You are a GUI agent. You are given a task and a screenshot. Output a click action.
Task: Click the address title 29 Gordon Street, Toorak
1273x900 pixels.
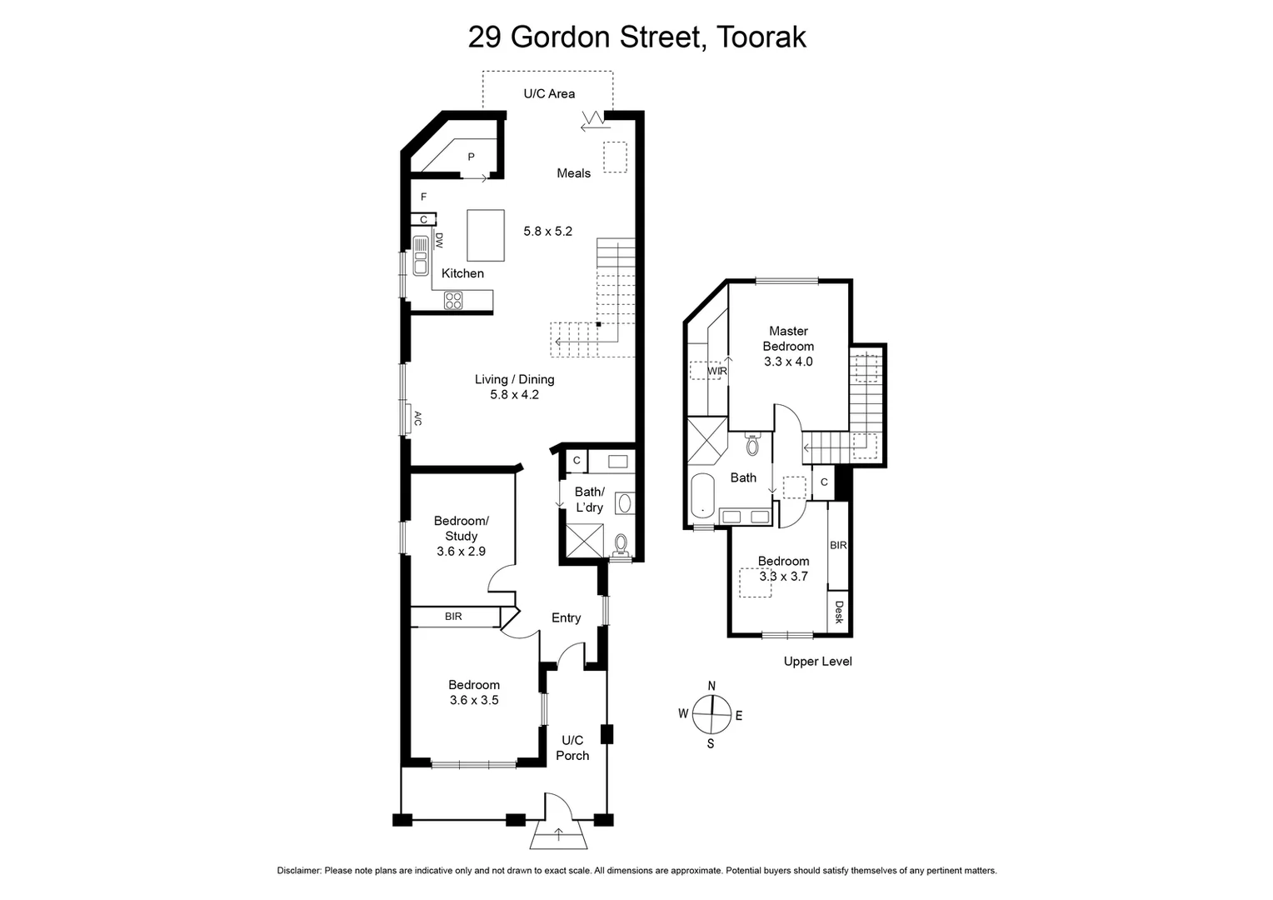pos(636,37)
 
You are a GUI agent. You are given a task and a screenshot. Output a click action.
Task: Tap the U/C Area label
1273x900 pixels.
pos(549,93)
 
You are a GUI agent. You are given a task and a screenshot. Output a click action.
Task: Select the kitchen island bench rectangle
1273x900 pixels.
pos(486,235)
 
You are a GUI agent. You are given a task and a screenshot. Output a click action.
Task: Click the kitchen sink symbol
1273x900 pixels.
pos(420,256)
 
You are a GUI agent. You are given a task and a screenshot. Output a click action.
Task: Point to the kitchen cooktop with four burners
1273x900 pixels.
pos(453,301)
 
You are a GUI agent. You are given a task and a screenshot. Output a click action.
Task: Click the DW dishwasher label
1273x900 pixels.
pos(439,241)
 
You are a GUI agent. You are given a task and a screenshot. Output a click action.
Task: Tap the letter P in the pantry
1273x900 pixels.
pos(471,157)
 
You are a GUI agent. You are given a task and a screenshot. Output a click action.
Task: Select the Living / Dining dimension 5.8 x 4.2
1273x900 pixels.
pos(514,395)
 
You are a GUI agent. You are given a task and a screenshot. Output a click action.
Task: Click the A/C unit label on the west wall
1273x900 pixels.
pos(417,418)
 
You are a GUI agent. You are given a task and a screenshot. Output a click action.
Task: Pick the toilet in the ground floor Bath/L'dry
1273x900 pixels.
pos(620,545)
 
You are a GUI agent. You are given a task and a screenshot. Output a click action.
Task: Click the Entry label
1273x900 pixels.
pos(566,617)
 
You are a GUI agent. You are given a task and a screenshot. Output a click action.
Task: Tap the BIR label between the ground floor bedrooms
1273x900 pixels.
pos(453,617)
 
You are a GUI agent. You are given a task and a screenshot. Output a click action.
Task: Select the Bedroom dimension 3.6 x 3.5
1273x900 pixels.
pos(474,700)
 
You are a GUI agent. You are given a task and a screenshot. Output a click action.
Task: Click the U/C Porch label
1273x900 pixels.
pos(572,747)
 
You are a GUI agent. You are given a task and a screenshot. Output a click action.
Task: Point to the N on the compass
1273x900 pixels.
pos(711,686)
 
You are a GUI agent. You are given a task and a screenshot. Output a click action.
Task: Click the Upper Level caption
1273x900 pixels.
pos(817,662)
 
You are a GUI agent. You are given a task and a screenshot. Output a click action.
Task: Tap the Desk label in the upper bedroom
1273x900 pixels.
pos(838,612)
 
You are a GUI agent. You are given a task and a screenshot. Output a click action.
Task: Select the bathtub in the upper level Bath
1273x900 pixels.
pos(703,496)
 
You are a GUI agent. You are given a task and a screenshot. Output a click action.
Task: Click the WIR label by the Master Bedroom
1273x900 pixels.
pos(716,371)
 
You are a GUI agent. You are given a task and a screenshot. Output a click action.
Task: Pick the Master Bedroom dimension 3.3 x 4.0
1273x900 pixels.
pos(788,362)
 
